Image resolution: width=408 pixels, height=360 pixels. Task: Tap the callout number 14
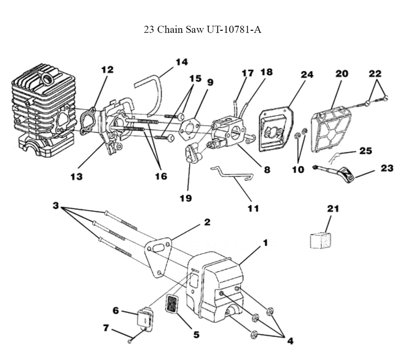pos(182,62)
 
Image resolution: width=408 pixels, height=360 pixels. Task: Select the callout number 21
pos(333,209)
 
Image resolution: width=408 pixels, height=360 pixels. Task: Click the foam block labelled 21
pos(321,240)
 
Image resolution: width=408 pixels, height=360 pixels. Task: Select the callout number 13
pos(76,176)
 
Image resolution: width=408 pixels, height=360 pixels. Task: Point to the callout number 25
pos(366,151)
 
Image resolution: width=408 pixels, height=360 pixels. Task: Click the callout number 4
pos(290,340)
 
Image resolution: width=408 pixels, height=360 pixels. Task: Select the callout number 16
pos(161,176)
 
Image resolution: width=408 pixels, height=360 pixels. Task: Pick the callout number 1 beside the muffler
pos(265,242)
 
